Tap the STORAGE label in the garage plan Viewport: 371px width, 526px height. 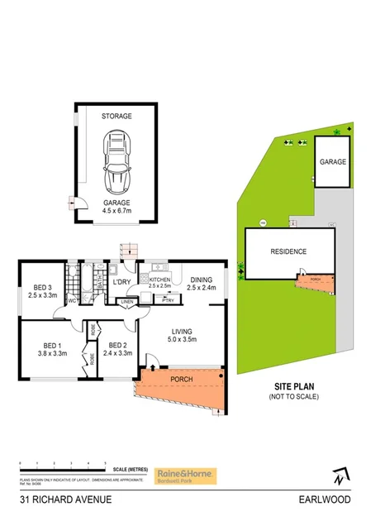(x=117, y=117)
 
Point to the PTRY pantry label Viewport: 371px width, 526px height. (x=168, y=301)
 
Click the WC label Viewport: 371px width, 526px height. (x=73, y=301)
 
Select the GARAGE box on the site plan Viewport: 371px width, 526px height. (x=333, y=163)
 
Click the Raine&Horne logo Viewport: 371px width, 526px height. (x=183, y=476)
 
